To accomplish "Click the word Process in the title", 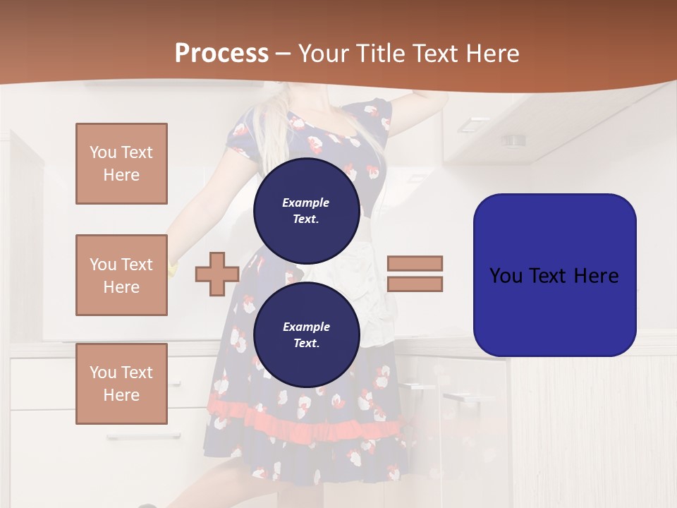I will click(221, 54).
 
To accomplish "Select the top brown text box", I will click(121, 164).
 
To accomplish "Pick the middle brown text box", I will click(121, 275).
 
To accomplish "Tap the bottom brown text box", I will click(121, 384).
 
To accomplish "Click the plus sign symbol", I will click(216, 274).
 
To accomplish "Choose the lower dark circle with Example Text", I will click(306, 334).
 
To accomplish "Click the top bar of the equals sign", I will click(415, 263).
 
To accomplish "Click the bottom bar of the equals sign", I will click(415, 284).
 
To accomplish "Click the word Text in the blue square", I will click(555, 276).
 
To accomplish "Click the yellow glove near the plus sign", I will click(173, 266).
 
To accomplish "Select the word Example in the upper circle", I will click(306, 202).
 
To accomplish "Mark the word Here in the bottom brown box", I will click(121, 395).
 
